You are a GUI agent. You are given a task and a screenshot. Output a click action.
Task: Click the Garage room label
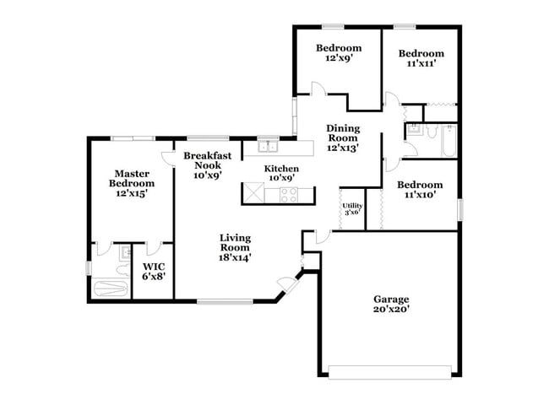coord(391,299)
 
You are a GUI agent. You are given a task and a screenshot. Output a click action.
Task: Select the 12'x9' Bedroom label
coord(339,48)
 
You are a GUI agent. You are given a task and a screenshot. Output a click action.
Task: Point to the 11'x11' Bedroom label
coord(421,52)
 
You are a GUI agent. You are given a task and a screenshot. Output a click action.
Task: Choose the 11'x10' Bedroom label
coord(420,185)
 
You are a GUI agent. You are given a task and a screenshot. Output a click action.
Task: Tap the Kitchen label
coord(280,168)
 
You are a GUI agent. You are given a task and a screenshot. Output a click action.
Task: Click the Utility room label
coord(351,205)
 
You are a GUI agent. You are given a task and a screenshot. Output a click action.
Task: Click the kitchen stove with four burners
coord(289,196)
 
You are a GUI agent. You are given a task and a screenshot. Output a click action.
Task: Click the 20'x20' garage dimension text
coord(391,310)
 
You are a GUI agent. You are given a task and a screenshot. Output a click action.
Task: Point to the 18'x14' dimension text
coord(236,258)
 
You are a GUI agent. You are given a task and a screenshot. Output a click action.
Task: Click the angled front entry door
coord(290,283)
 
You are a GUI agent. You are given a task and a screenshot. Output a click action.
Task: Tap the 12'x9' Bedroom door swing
coord(317,89)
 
